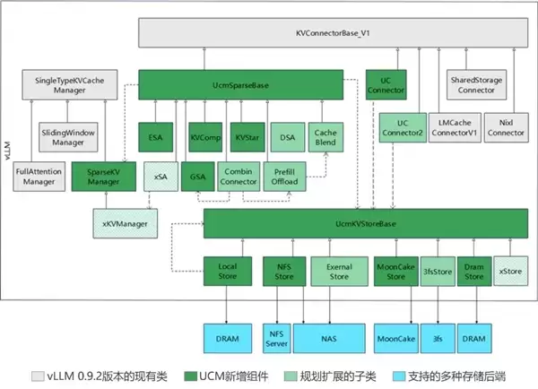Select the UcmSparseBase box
pyautogui.click(x=241, y=85)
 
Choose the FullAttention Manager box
pyautogui.click(x=39, y=175)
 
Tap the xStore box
pyautogui.click(x=510, y=270)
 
